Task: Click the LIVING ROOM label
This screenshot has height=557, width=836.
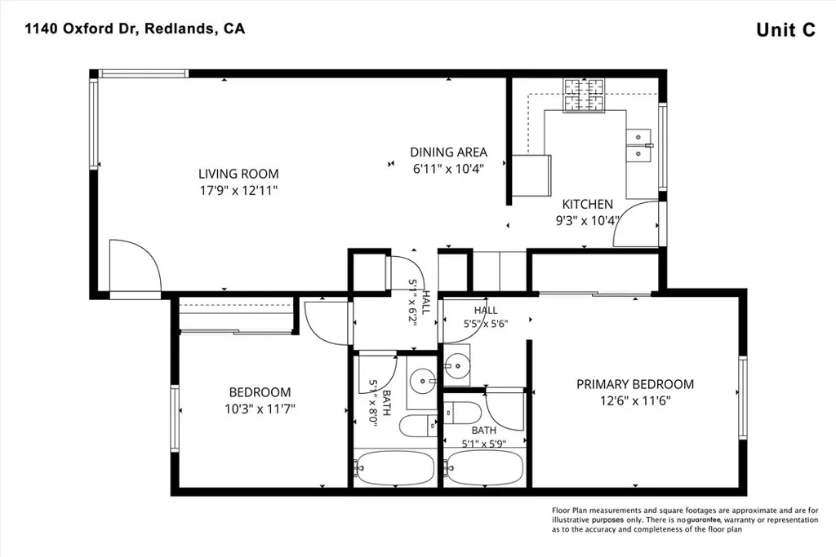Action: click(238, 174)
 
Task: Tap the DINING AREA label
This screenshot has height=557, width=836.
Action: click(448, 153)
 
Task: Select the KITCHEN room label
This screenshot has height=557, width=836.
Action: click(588, 204)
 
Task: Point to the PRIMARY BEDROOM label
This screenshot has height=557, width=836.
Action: click(635, 384)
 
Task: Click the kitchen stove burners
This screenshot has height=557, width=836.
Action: click(585, 95)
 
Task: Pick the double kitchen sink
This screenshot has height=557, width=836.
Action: click(638, 145)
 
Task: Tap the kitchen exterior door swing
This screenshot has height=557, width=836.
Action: click(636, 224)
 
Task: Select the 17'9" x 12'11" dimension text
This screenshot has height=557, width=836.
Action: click(239, 191)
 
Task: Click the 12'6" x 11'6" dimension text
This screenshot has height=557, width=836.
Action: click(635, 400)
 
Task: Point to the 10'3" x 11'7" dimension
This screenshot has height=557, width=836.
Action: click(260, 409)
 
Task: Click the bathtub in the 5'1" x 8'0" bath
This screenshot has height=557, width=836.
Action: click(395, 468)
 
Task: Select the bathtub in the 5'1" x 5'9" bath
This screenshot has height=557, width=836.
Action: click(485, 468)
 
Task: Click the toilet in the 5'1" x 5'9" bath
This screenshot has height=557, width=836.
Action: click(463, 412)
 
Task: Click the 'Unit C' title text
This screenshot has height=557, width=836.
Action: click(786, 30)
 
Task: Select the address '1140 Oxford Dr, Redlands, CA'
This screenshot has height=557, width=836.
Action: click(135, 29)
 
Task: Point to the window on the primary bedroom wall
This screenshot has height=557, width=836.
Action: click(743, 397)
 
